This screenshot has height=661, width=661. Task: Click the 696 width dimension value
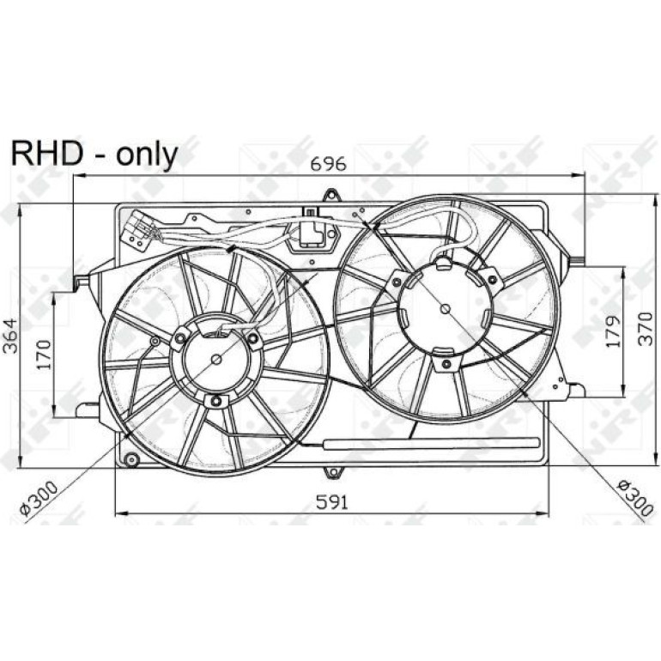click(329, 164)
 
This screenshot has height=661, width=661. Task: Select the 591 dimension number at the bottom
click(332, 502)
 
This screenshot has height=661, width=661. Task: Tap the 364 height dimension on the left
click(10, 335)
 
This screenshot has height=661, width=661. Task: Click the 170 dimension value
click(44, 354)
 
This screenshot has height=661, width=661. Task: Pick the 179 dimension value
click(614, 330)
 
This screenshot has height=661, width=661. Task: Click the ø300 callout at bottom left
click(39, 499)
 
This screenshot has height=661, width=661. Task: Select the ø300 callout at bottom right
click(635, 497)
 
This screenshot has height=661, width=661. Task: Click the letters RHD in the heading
click(46, 154)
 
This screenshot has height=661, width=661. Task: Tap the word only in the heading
click(147, 155)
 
